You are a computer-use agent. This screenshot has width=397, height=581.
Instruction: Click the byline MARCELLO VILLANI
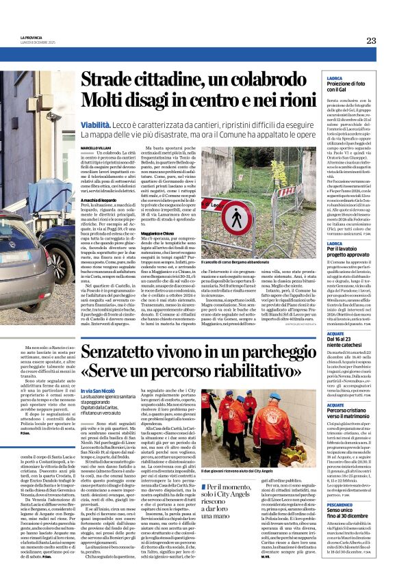click(x=99, y=147)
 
